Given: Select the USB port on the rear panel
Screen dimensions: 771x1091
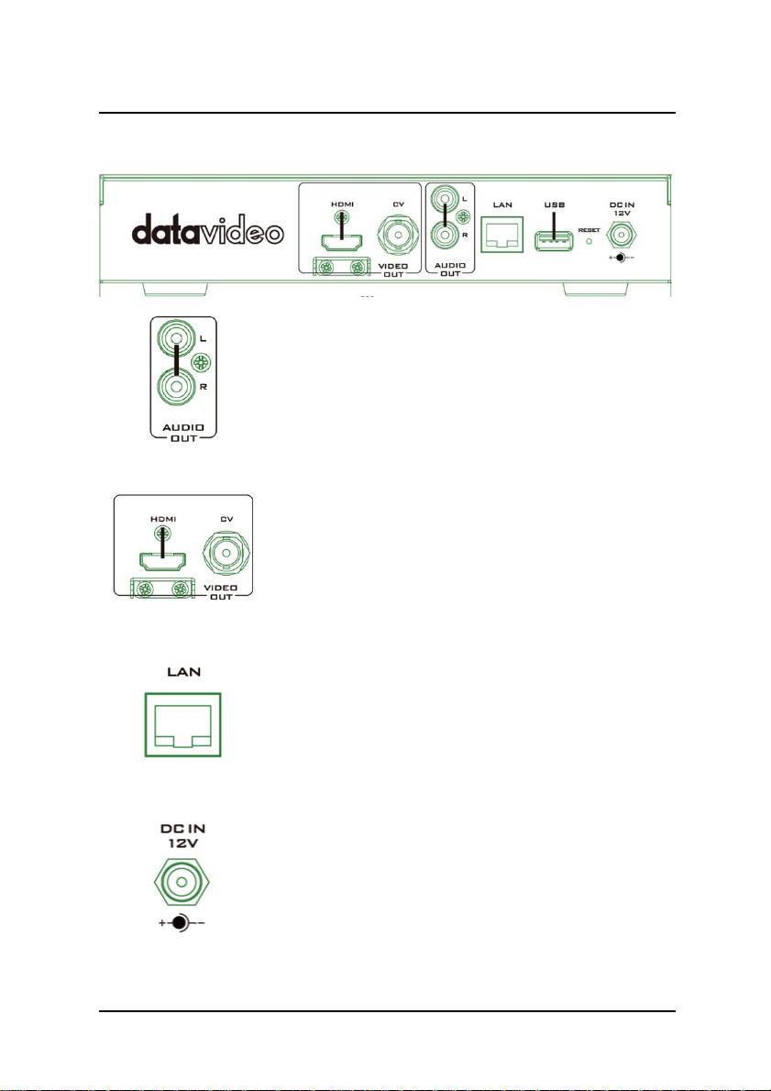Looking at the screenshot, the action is point(553,242).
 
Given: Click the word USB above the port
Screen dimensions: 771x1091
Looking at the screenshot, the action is point(553,206).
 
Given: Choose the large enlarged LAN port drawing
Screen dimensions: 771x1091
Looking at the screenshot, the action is point(182,724).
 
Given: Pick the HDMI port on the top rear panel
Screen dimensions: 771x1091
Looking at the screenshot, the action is point(337,242).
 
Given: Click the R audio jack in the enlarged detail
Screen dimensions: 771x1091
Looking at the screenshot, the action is point(176,385).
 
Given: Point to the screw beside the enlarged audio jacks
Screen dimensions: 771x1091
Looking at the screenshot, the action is point(204,363).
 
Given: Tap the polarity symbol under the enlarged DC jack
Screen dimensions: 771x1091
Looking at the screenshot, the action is point(181,923).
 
